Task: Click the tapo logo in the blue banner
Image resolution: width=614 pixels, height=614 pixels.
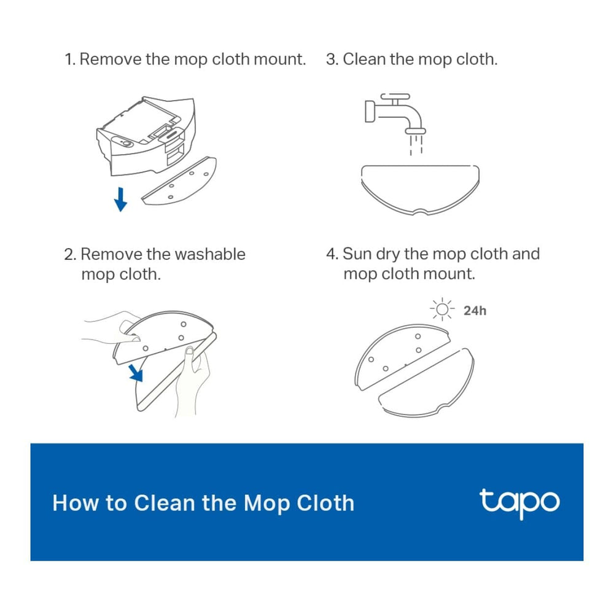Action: click(519, 503)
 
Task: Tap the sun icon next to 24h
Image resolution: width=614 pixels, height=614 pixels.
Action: click(442, 309)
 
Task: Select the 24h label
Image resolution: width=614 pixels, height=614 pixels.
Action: click(475, 311)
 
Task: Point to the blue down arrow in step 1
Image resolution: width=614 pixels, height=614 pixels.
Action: click(120, 200)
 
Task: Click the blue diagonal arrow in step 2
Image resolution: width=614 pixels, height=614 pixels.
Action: click(136, 373)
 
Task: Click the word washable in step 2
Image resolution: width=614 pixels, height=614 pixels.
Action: click(210, 254)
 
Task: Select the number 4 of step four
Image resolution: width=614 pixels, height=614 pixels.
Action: click(331, 254)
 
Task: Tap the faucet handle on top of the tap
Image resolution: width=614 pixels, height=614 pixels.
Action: click(395, 96)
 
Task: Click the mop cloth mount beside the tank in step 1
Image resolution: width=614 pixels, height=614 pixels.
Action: click(179, 181)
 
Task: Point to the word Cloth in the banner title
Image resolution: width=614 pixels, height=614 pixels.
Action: click(325, 503)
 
